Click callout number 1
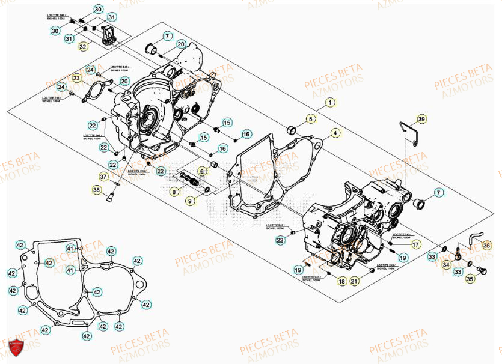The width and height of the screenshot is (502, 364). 330,103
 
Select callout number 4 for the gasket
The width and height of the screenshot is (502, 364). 335,133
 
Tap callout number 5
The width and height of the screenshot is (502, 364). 311,118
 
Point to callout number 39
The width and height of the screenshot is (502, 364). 421,120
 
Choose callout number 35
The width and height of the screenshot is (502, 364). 470,279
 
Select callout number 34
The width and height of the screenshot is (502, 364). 445,264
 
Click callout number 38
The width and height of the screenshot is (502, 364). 97,190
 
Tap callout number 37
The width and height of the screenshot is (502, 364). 104,177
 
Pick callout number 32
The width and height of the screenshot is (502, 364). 83,46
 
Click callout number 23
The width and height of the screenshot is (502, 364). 76,79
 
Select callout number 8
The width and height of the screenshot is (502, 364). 174,192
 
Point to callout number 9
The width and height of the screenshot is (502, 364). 190,201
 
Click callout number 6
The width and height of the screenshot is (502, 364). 202,171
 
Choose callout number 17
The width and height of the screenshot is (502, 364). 415,244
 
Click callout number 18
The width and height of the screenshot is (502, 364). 341,281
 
